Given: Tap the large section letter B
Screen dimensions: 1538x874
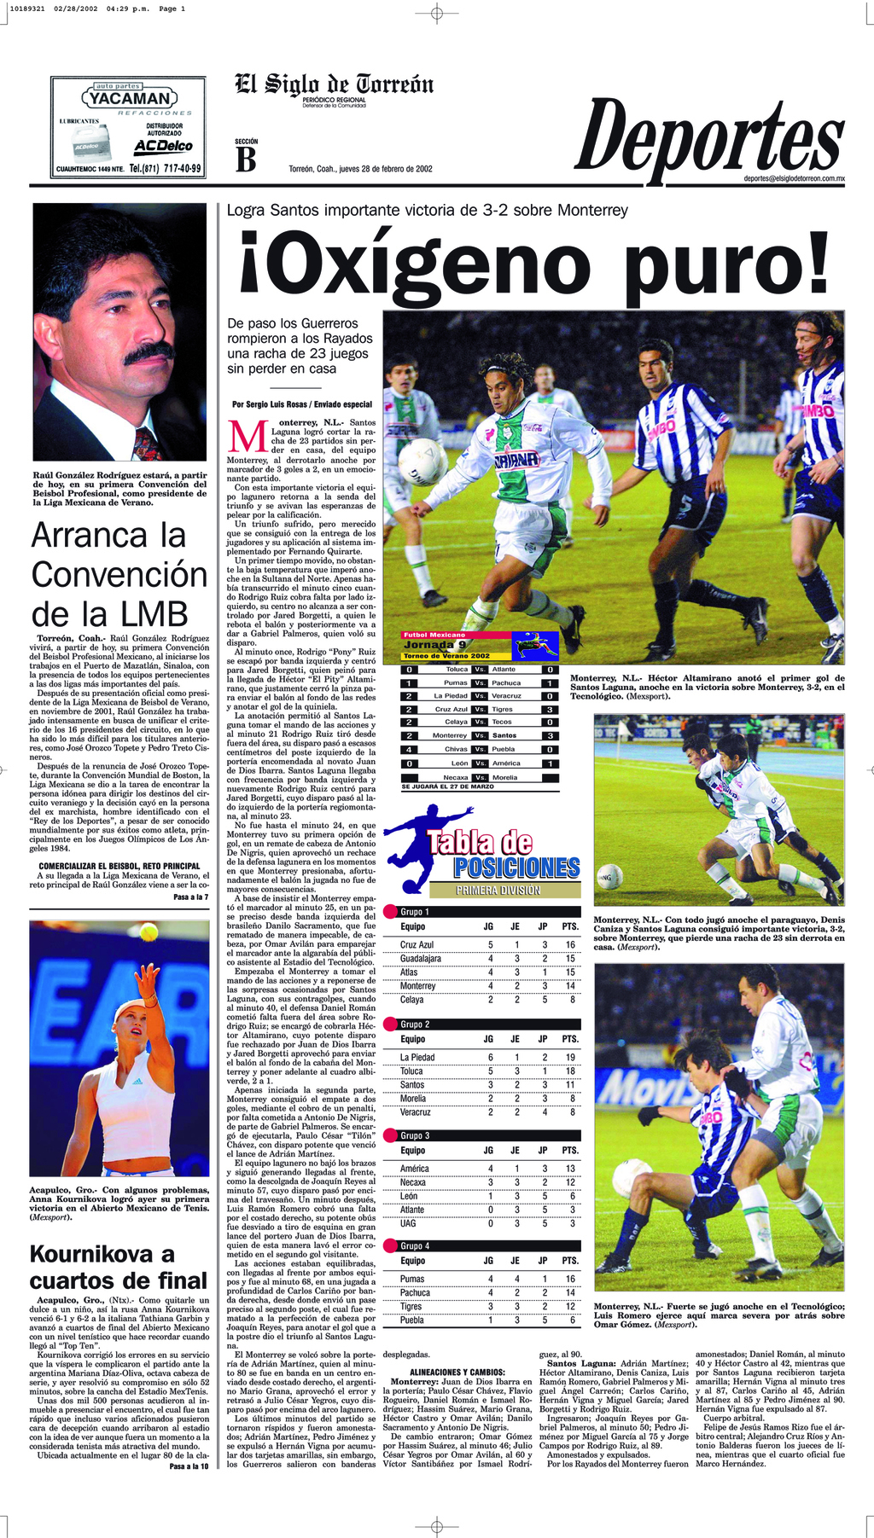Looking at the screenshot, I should click(246, 160).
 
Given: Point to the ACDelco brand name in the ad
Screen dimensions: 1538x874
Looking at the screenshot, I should click(163, 147).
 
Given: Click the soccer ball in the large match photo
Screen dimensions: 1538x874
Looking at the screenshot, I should click(422, 461).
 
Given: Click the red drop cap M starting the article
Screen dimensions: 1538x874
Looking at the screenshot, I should click(248, 436).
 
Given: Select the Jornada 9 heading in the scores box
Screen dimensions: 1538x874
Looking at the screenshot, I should click(434, 645).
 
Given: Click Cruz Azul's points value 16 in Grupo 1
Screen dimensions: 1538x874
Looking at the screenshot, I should click(569, 944).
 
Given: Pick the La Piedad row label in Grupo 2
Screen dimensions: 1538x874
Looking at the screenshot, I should click(417, 1057).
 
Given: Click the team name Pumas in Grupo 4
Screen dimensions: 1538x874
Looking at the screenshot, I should click(412, 1279).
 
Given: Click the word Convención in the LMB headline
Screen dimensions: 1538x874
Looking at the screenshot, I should click(119, 575).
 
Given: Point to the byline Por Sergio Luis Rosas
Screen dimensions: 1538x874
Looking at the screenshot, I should click(301, 404).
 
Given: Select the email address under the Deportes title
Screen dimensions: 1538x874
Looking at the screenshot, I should click(794, 179).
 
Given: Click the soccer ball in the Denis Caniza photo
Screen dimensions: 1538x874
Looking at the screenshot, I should click(609, 876).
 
